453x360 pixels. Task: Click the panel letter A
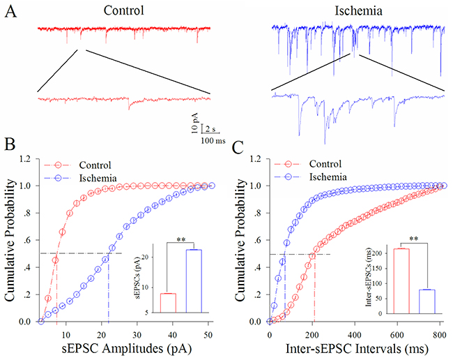point(9,13)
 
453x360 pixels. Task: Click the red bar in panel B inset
point(169,303)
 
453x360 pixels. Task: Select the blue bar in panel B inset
point(193,281)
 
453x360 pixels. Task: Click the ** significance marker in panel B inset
point(181,239)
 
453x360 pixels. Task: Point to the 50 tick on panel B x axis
point(208,334)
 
